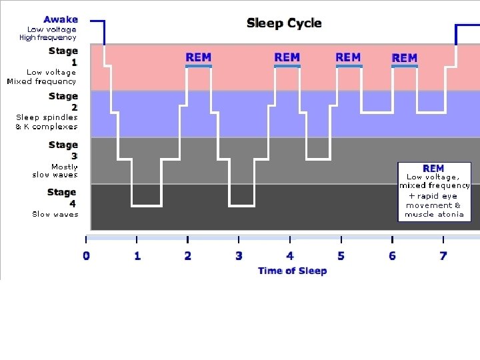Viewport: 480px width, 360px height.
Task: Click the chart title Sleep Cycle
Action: [x=284, y=23]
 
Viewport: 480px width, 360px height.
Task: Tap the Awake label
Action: [x=61, y=19]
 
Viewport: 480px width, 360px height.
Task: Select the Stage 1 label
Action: [x=63, y=56]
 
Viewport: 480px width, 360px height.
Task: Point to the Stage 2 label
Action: [x=63, y=101]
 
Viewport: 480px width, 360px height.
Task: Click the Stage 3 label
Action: [x=63, y=150]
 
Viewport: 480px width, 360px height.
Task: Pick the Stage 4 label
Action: [x=63, y=197]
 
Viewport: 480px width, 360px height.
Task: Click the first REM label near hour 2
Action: [x=198, y=57]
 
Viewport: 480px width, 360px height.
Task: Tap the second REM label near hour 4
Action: [x=287, y=57]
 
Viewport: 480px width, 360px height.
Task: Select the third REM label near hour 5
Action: [x=348, y=57]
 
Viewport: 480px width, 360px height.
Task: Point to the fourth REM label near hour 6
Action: [x=405, y=58]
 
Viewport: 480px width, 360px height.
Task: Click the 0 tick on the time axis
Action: [x=86, y=255]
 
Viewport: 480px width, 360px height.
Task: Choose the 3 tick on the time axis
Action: [x=239, y=255]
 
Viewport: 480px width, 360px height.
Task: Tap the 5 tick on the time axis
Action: [x=341, y=255]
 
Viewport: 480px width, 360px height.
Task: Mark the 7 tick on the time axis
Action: [x=443, y=255]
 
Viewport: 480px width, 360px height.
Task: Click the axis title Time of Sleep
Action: [x=292, y=270]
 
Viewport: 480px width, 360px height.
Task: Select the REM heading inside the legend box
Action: [x=433, y=168]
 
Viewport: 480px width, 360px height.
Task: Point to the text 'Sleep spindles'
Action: [x=47, y=117]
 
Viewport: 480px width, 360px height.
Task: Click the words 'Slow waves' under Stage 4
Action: [x=55, y=214]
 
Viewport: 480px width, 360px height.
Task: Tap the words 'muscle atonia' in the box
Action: [x=434, y=215]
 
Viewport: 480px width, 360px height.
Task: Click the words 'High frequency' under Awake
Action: [x=48, y=37]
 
